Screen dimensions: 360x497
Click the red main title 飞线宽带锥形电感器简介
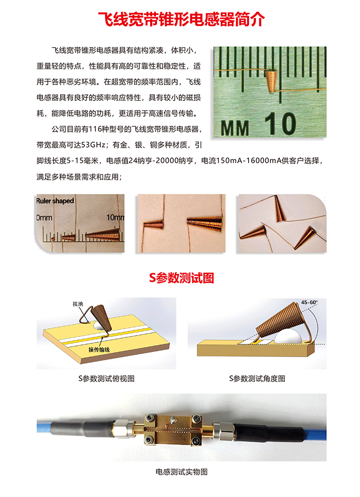pos(181,20)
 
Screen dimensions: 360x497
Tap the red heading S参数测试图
pos(181,277)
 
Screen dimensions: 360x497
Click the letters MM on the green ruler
pos(235,128)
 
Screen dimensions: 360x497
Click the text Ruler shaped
pos(55,201)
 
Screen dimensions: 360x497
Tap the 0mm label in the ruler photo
pos(44,217)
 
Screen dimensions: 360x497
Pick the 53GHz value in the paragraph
pos(93,145)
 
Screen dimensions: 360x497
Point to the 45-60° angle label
pos(309,302)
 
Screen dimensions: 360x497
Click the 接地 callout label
pos(78,304)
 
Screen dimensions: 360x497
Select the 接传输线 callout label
pos(99,349)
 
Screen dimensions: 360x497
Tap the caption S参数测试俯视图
pos(106,378)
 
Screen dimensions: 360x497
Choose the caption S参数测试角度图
pos(257,378)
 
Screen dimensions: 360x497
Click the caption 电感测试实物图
pos(181,472)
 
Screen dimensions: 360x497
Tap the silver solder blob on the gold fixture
pos(173,420)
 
